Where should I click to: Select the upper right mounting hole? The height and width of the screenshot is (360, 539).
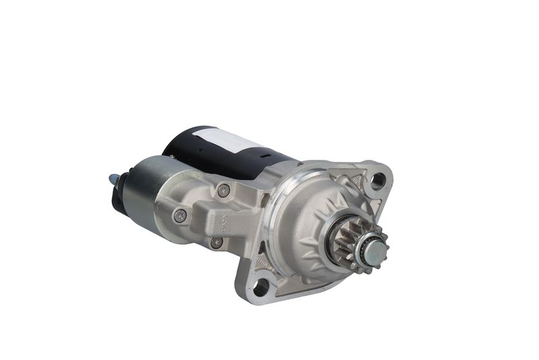pos(378,180)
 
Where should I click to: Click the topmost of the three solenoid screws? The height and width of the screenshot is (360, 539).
pos(224,190)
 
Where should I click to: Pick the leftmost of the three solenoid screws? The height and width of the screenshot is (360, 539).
pos(179,216)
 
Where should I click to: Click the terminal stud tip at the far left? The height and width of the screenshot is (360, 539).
pos(111,179)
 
